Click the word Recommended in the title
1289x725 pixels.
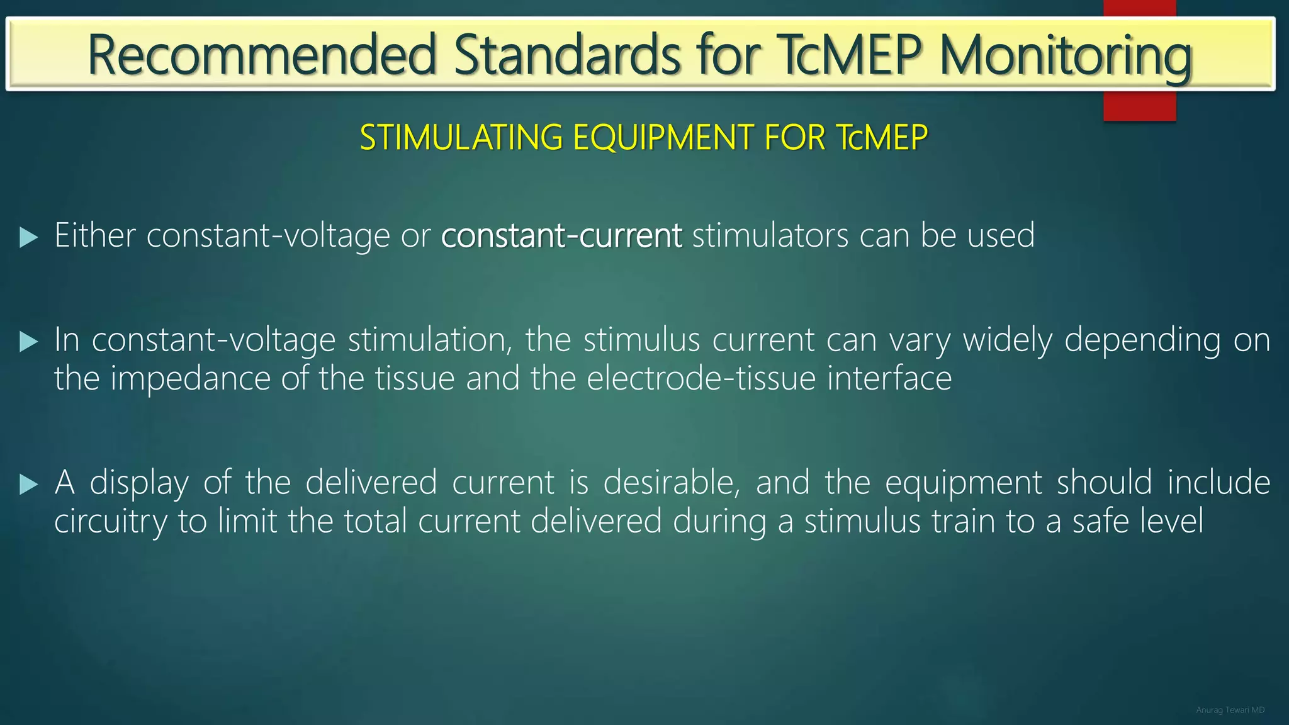coord(261,55)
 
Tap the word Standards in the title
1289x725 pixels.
coord(566,55)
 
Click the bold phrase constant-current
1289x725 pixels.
coord(561,235)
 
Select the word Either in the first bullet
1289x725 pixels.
coord(94,235)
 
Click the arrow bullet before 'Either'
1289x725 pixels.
coord(28,238)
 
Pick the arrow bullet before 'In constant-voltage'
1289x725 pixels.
coord(28,342)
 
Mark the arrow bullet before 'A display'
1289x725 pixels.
coord(28,485)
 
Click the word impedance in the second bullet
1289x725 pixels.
coord(190,378)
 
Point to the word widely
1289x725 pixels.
coord(1007,340)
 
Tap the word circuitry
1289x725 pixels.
coord(111,522)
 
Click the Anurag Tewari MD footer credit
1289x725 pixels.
coord(1230,710)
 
